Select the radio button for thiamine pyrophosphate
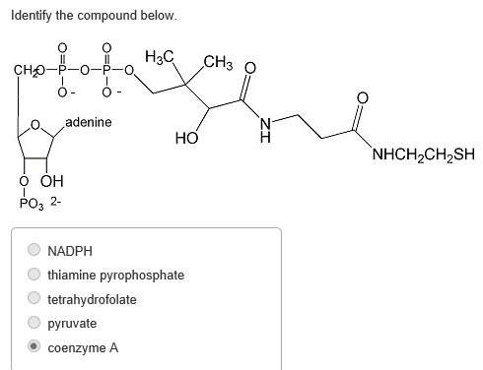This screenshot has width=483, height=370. tap(34, 275)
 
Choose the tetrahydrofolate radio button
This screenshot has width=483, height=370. tap(34, 299)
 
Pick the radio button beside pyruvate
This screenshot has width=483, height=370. tap(34, 323)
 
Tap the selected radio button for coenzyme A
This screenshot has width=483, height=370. tap(34, 347)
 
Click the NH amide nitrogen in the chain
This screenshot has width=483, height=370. tap(263, 129)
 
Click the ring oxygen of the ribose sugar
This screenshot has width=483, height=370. tap(36, 126)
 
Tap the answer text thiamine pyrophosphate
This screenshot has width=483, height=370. tap(115, 275)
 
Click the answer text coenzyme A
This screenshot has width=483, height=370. tap(83, 347)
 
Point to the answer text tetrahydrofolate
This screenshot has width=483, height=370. tap(92, 299)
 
